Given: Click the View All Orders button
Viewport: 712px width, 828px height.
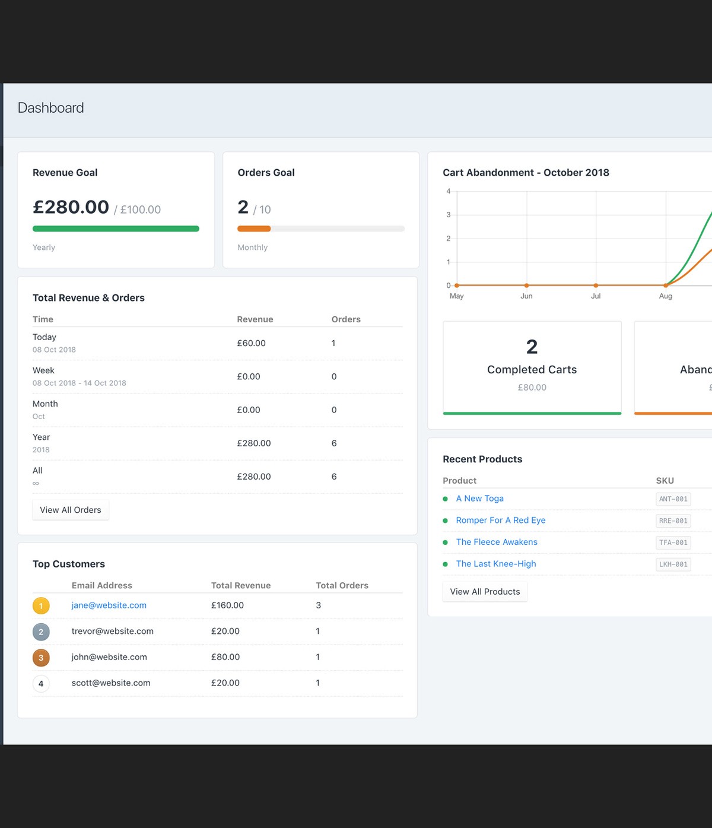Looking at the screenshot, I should pyautogui.click(x=71, y=510).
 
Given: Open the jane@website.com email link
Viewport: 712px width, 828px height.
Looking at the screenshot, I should pyautogui.click(x=109, y=605).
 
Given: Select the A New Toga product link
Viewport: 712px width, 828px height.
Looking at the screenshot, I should pyautogui.click(x=479, y=499).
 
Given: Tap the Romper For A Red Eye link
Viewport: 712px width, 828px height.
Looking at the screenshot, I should pyautogui.click(x=500, y=521).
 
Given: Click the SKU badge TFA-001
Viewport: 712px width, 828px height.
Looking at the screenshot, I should pyautogui.click(x=673, y=543).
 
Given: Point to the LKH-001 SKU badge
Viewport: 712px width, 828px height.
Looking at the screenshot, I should pyautogui.click(x=673, y=564).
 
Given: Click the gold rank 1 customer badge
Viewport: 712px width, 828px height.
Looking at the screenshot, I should pyautogui.click(x=41, y=606).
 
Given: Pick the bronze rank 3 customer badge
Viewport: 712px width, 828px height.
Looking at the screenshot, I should pyautogui.click(x=41, y=658).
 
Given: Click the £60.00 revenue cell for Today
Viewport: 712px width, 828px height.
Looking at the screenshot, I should pyautogui.click(x=251, y=343).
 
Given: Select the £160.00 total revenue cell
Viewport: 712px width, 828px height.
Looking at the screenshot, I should pyautogui.click(x=227, y=605).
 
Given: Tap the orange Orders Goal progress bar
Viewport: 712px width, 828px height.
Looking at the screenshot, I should pyautogui.click(x=254, y=229).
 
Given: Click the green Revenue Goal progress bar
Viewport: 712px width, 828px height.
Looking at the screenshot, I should pyautogui.click(x=116, y=229).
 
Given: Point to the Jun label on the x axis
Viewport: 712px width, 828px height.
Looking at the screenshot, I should pyautogui.click(x=526, y=296).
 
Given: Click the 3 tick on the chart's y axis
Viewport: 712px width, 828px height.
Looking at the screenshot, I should pyautogui.click(x=449, y=215).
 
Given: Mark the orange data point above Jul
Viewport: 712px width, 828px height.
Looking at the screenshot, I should pyautogui.click(x=596, y=285).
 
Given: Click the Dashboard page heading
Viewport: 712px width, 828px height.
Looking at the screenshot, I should pyautogui.click(x=51, y=108).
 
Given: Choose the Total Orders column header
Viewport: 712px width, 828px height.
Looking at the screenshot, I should pyautogui.click(x=342, y=585).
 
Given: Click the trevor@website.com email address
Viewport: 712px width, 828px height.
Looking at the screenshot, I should pyautogui.click(x=112, y=632).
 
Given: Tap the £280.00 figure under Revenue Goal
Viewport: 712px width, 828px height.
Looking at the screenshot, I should pyautogui.click(x=71, y=207).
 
